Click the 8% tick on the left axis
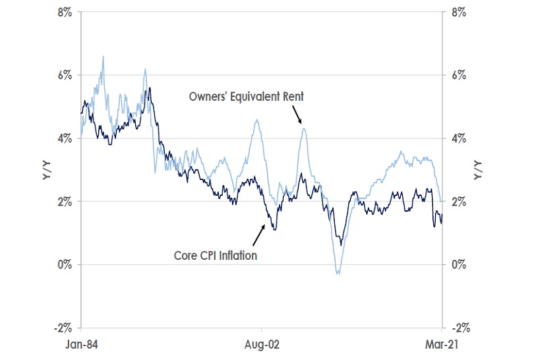click(64, 13)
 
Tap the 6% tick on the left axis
click(64, 75)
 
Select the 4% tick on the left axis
click(64, 138)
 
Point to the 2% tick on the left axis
click(64, 201)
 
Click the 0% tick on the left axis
click(64, 264)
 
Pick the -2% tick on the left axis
click(62, 328)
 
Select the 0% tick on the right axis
click(460, 264)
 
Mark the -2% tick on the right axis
click(458, 328)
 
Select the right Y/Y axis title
click(478, 170)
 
